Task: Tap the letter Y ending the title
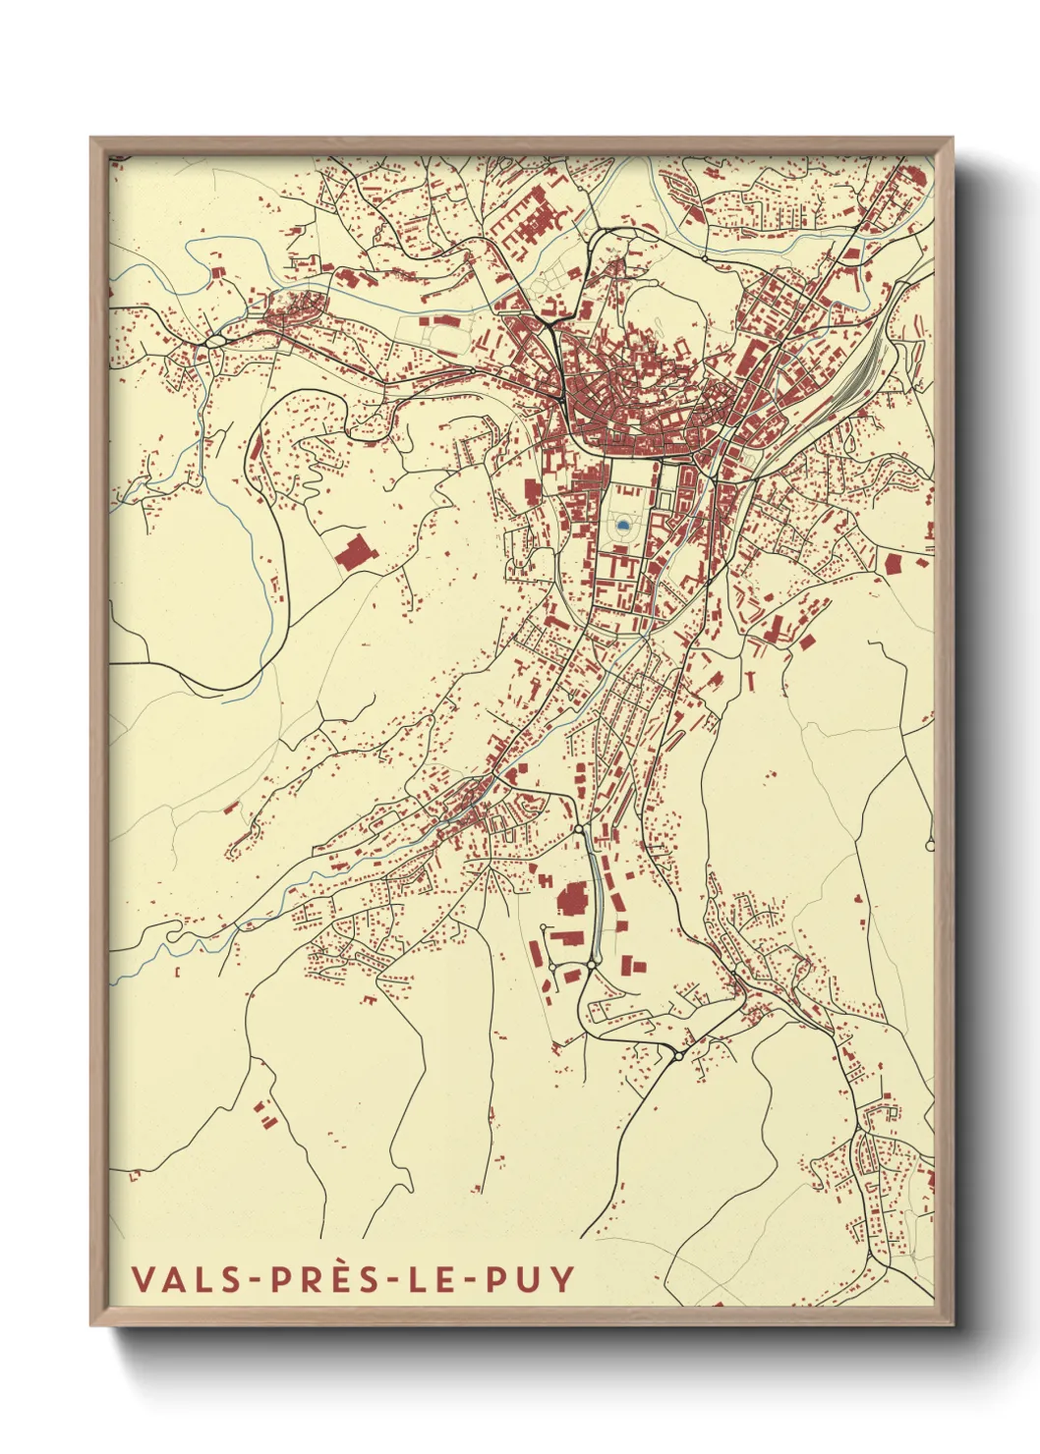(x=563, y=1279)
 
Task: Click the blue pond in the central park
(x=623, y=526)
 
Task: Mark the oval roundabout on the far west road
(x=215, y=341)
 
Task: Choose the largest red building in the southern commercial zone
(x=570, y=900)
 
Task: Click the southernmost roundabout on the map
(x=677, y=1056)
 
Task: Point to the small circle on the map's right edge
(x=930, y=844)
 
